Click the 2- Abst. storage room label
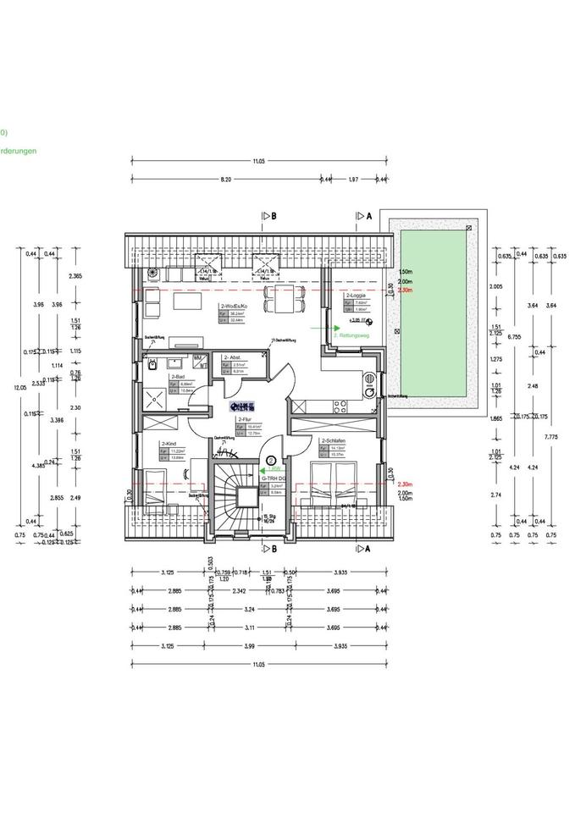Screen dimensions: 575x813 click(x=233, y=358)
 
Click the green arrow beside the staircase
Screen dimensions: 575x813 click(x=270, y=467)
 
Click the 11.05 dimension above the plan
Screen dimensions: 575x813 click(x=258, y=160)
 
